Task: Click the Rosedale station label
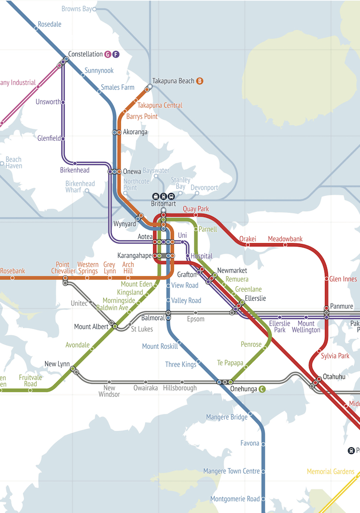coord(49,24)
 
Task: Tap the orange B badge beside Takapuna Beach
coord(200,81)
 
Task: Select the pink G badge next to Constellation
coord(108,54)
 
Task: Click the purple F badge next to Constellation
coord(116,54)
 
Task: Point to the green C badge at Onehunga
coord(262,389)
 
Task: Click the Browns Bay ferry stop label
coord(77,9)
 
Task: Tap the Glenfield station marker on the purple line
coord(63,138)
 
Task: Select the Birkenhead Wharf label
coord(80,187)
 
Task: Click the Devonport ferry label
coord(204,188)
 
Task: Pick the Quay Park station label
coord(196,209)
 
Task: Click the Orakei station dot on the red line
coord(248,245)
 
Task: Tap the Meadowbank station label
coord(285,239)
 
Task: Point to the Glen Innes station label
coord(343,279)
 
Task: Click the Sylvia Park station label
coord(335,356)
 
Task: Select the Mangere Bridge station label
coord(227,417)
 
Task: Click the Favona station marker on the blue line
coord(263,443)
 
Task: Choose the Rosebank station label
coord(12,271)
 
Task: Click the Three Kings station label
coord(180,365)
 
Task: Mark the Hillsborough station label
coord(180,388)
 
